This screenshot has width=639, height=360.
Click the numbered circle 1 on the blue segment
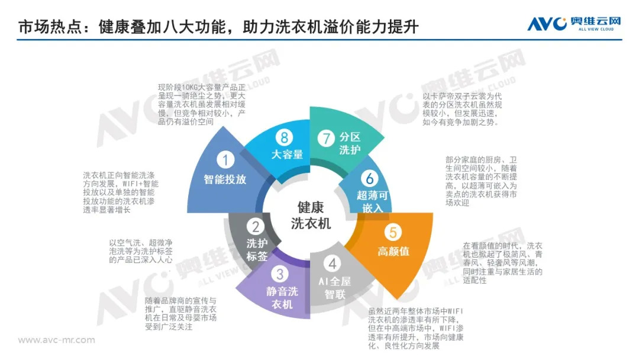225,159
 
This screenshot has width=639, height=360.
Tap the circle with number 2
256,226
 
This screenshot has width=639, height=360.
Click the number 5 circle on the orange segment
390,232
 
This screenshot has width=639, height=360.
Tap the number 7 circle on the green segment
326,139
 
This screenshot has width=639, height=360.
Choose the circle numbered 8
285,138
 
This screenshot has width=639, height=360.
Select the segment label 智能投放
225,178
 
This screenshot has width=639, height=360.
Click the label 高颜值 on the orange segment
393,251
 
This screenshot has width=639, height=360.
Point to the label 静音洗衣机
282,298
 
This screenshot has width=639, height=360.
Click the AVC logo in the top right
574,24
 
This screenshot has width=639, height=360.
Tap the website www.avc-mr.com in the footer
56,340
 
